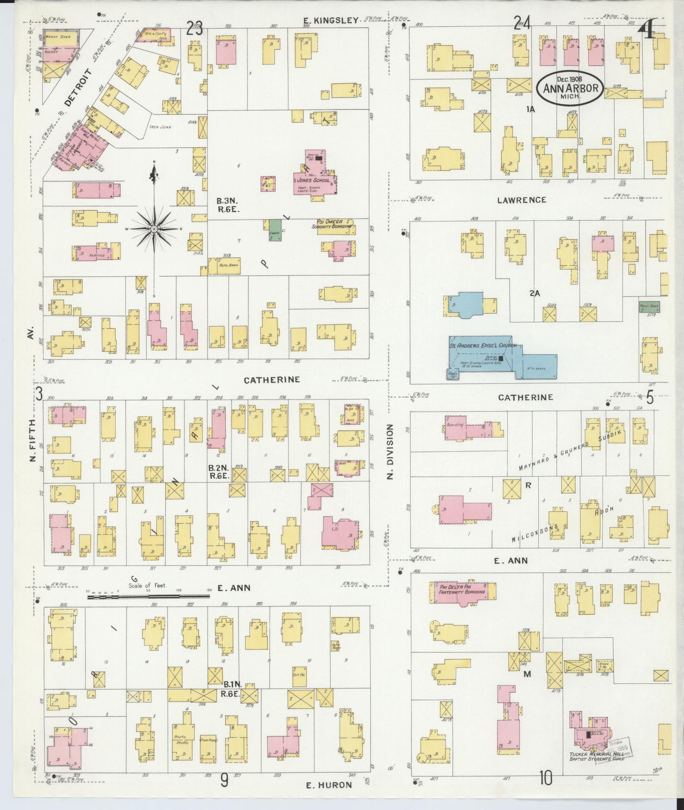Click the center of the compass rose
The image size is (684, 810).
154,228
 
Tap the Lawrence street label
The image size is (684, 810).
521,200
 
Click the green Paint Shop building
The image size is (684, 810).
649,307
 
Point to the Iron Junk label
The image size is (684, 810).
160,127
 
